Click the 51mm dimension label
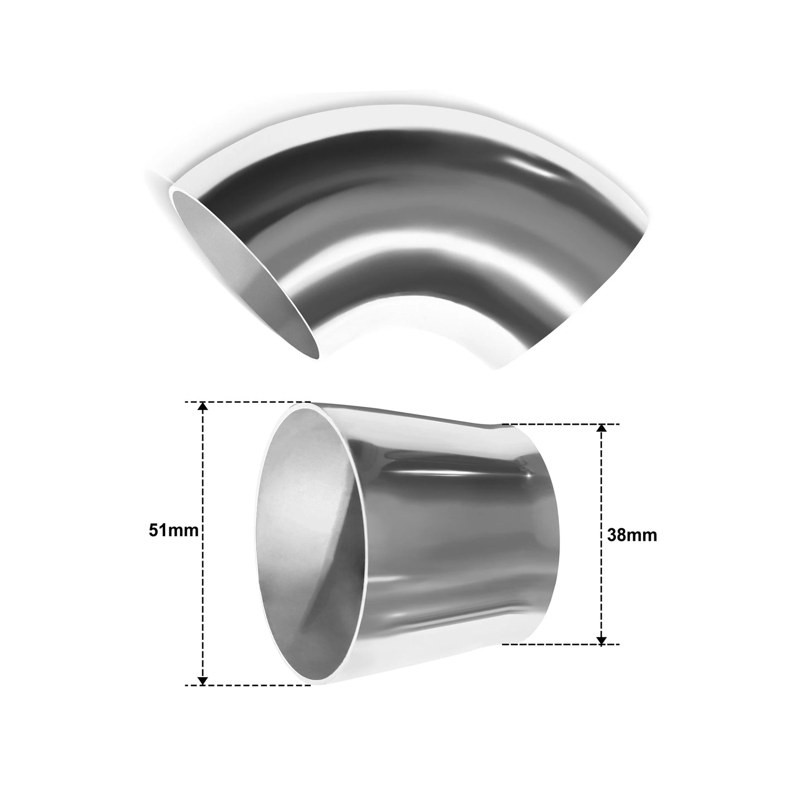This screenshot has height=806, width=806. tap(173, 531)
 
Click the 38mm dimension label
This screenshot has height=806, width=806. tap(632, 535)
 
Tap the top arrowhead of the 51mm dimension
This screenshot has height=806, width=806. tap(202, 407)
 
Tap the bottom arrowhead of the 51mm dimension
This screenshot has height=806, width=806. tap(202, 679)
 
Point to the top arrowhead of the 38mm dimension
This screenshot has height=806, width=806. tap(601, 429)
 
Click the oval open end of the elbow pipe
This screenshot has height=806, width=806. tap(245, 274)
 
